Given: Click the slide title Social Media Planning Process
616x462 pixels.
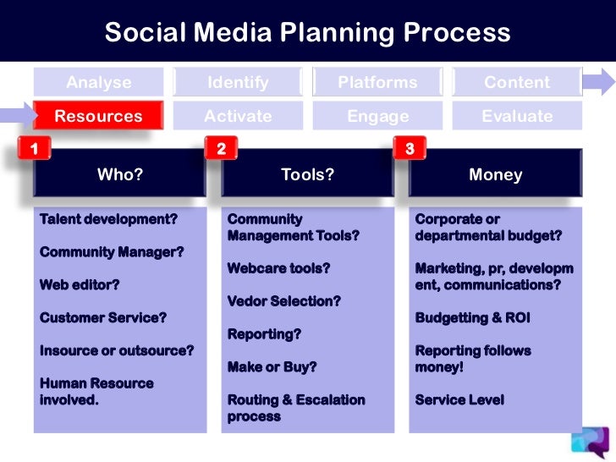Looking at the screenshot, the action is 307,32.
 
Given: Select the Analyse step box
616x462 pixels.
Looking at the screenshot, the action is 99,82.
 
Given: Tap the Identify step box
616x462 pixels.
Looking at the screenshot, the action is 238,82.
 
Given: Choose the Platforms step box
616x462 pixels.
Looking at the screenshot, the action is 377,82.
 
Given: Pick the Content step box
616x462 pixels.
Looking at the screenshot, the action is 516,82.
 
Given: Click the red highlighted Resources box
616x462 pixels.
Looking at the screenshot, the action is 98,116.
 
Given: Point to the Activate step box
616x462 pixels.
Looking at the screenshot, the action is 238,116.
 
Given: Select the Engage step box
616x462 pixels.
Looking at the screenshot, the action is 377,116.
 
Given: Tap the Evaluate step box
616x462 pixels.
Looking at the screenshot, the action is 516,116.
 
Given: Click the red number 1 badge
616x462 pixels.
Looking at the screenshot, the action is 34,150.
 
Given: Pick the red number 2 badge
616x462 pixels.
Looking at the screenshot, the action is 221,150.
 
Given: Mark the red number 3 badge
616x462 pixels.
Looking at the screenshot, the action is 410,150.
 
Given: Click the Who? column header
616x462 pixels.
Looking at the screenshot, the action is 120,175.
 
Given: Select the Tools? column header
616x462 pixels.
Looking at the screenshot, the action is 308,175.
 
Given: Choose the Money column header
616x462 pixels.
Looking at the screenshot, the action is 496,175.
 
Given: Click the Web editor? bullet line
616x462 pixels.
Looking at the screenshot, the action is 80,285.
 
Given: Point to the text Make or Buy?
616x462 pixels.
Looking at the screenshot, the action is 272,367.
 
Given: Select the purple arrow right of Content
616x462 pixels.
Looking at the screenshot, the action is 598,82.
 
